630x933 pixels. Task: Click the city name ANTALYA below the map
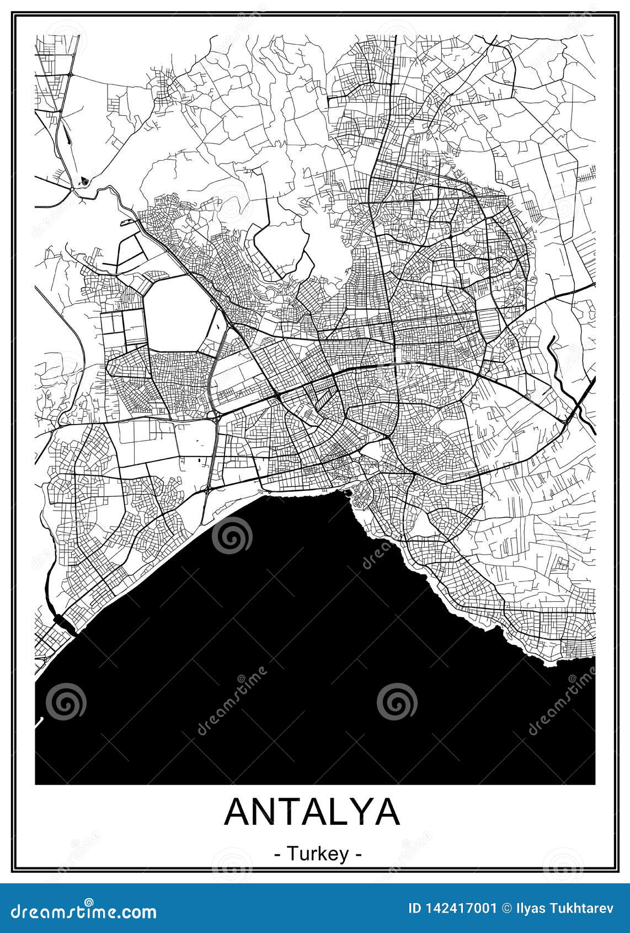point(312,812)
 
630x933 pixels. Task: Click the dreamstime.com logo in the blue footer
point(81,911)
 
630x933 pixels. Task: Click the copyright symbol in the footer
point(505,909)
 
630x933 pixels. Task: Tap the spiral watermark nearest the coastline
point(232,536)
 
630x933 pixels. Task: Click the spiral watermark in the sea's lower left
point(66,702)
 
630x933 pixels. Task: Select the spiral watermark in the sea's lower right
point(397,702)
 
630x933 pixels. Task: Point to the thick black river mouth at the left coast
point(66,623)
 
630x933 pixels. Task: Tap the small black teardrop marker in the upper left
point(84,179)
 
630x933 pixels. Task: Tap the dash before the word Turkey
point(277,855)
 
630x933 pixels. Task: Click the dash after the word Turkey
point(359,855)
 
